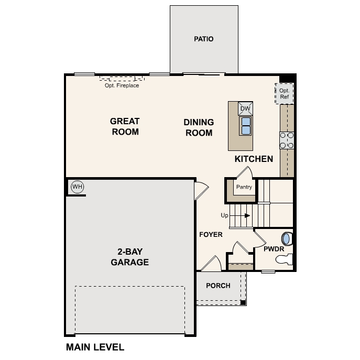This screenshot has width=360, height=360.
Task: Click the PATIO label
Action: tap(204, 39)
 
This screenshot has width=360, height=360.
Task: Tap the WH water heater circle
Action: tap(77, 187)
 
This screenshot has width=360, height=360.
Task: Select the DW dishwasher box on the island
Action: tap(245, 108)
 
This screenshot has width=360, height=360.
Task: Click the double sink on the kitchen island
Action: tap(245, 126)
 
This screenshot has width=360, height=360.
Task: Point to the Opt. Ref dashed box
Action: tap(285, 94)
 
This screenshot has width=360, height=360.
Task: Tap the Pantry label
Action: tap(244, 187)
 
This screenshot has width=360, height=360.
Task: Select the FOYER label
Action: tap(211, 234)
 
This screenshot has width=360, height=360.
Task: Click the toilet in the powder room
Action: tap(282, 259)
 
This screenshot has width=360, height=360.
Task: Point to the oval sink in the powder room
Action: tap(287, 238)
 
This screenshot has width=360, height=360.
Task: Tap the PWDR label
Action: tap(273, 249)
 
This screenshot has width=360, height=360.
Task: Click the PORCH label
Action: tap(218, 286)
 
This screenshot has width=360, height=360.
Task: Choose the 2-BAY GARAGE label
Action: tap(129, 256)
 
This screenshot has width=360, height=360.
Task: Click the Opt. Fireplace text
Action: tap(122, 85)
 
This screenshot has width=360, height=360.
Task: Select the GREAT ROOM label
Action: tap(125, 126)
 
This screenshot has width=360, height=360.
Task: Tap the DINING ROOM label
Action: tap(199, 127)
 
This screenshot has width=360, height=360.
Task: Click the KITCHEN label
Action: tap(254, 159)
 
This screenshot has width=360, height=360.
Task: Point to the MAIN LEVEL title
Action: tap(95, 347)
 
